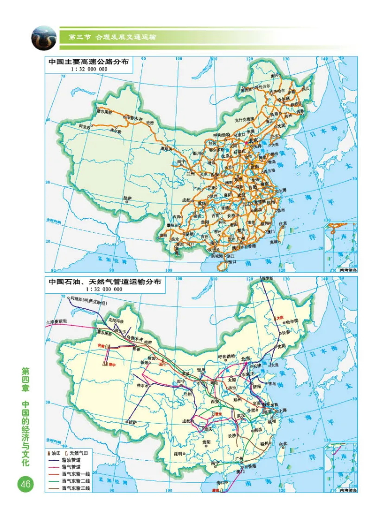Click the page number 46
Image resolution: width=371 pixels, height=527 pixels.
[x=25, y=484]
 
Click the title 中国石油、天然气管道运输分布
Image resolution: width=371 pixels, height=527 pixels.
[x=105, y=282]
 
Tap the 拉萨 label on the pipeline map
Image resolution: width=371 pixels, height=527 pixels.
[x=132, y=422]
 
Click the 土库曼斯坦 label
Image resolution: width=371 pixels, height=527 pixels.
[x=56, y=321]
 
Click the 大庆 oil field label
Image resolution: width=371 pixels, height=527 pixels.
[x=279, y=318]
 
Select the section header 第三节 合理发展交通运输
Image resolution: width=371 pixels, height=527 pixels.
[x=111, y=37]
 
